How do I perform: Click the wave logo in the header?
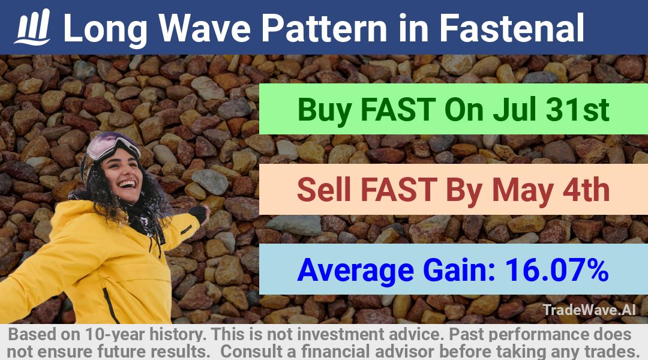[32, 27]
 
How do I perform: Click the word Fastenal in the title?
[511, 28]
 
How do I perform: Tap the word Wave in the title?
[205, 28]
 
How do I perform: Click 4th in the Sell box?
[586, 190]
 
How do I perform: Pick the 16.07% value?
[557, 270]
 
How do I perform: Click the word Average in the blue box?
[355, 271]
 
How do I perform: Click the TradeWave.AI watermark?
[589, 310]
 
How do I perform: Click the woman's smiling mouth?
[127, 184]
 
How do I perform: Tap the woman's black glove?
[199, 214]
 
